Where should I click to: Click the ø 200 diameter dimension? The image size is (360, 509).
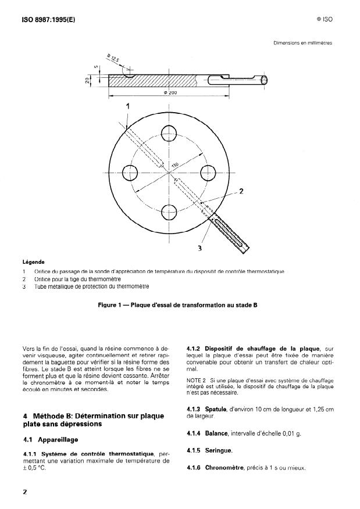[x=170, y=92]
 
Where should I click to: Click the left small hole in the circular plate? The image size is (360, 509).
[x=130, y=173]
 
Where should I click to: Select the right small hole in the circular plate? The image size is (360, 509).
[x=208, y=173]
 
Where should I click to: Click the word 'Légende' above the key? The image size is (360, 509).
[x=34, y=262]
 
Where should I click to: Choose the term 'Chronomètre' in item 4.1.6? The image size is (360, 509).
[x=224, y=468]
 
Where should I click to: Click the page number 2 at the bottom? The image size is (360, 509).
[x=24, y=492]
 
